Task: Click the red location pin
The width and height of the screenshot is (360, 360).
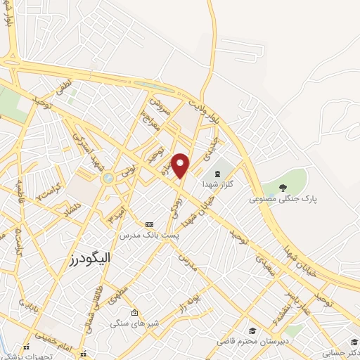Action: tap(181, 165)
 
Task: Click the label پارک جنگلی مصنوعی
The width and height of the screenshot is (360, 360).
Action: tap(283, 199)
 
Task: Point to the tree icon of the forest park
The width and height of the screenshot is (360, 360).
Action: tap(283, 187)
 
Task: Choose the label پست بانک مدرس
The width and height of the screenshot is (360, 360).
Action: tap(148, 235)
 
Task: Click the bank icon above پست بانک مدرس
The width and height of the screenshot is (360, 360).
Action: tap(148, 224)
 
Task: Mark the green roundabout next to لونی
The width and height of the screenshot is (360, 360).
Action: tap(108, 179)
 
